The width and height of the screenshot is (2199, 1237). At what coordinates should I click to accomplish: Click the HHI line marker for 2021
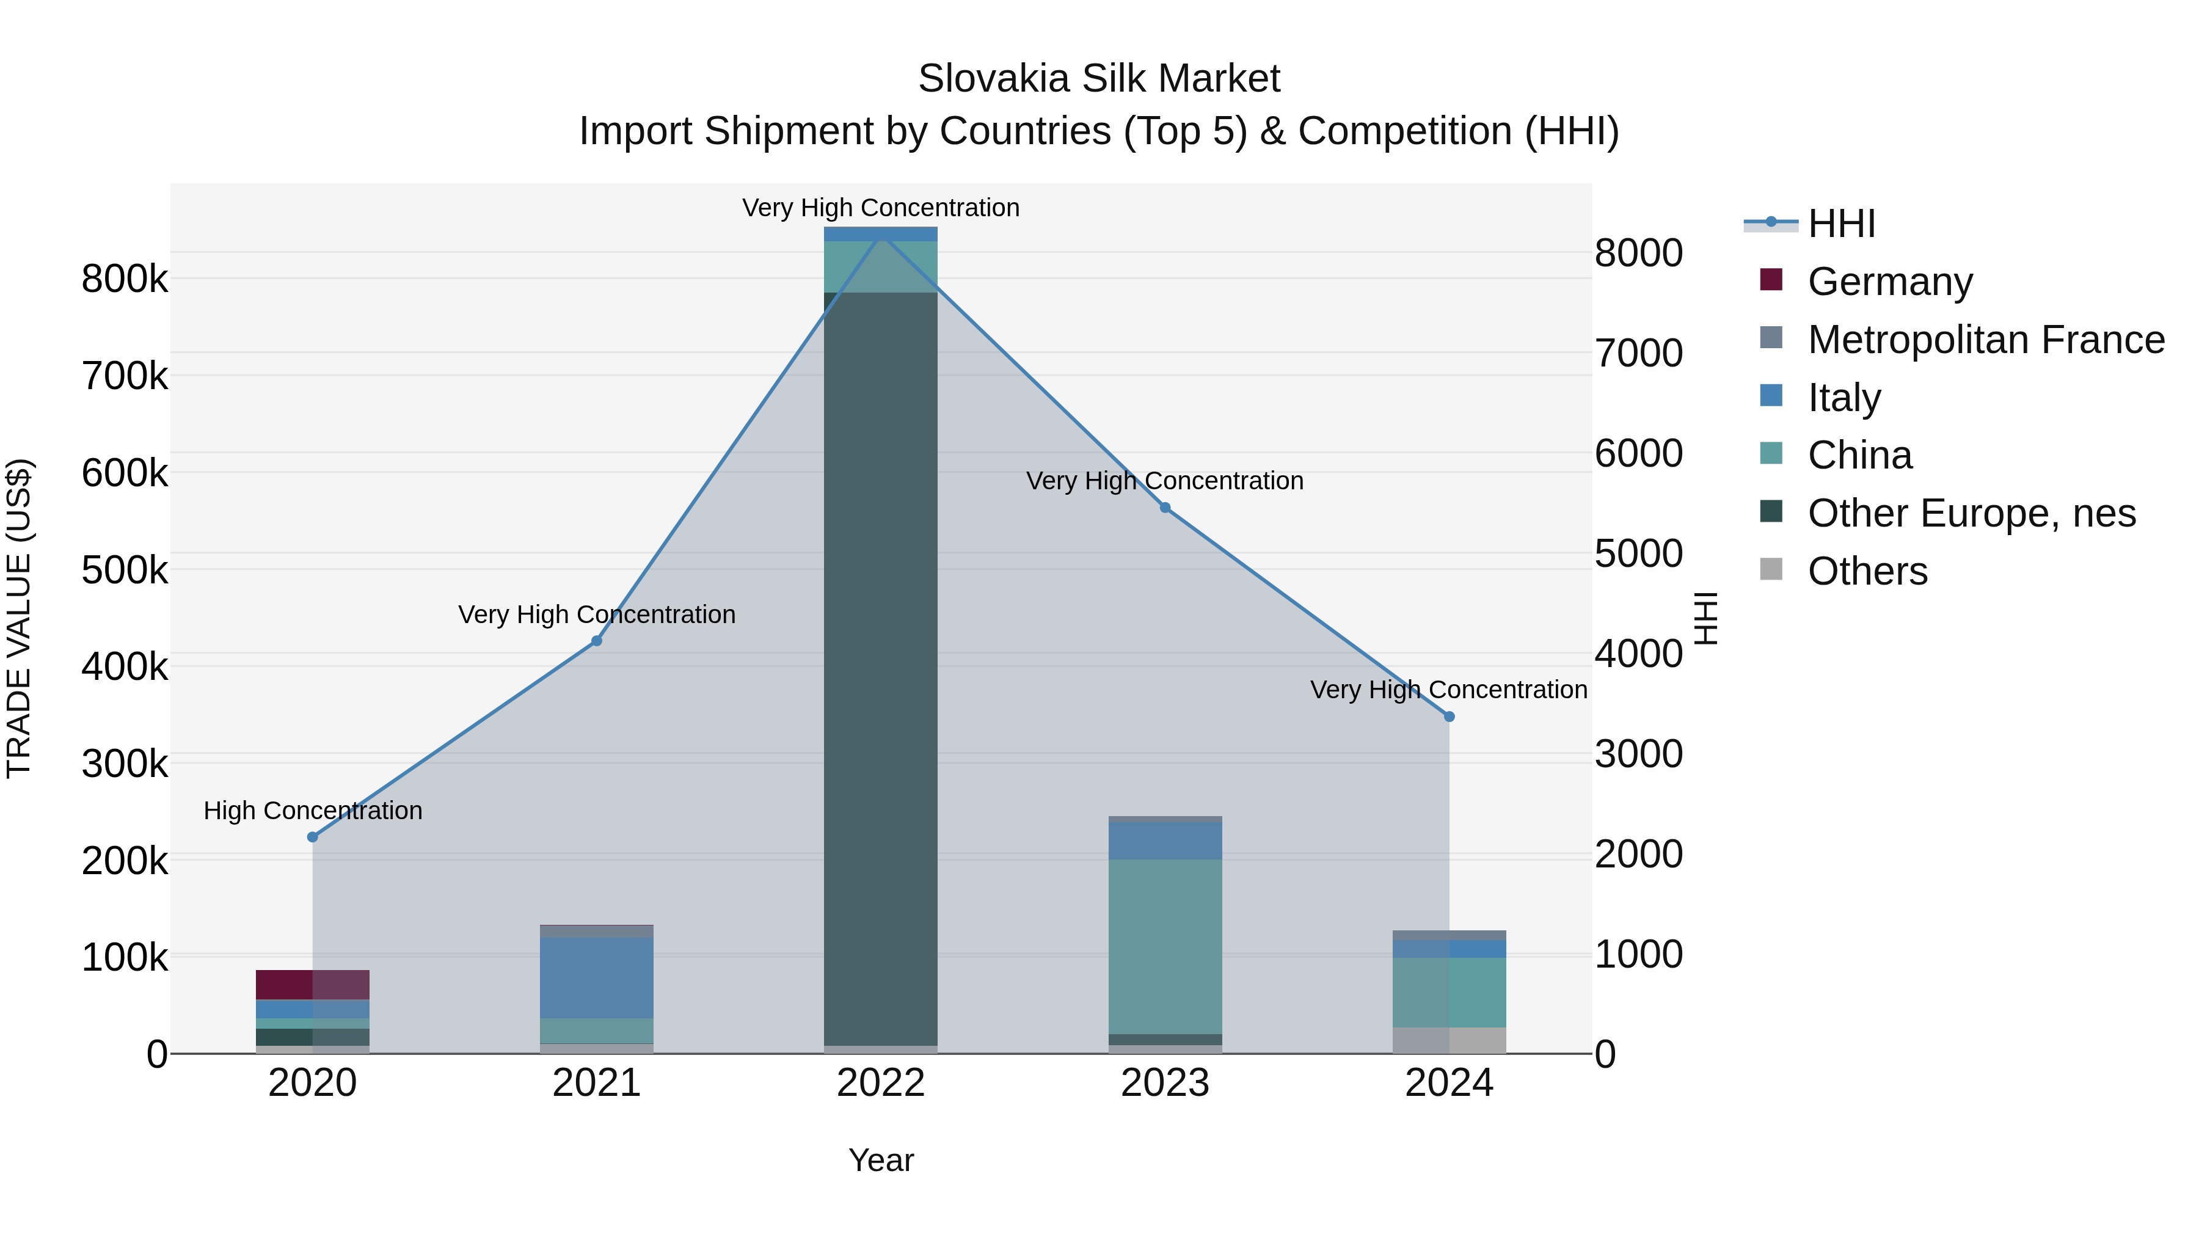click(x=597, y=641)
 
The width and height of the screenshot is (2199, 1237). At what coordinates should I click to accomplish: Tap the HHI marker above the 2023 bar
click(x=1165, y=508)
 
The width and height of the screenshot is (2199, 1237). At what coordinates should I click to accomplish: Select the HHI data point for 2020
click(x=312, y=837)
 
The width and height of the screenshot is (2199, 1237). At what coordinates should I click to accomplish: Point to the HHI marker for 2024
click(x=1450, y=717)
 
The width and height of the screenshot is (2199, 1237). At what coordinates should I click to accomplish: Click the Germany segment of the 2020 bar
click(x=312, y=984)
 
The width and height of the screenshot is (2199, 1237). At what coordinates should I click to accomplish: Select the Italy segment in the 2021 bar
click(x=597, y=977)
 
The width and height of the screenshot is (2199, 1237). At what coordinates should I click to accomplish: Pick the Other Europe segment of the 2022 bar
click(x=881, y=666)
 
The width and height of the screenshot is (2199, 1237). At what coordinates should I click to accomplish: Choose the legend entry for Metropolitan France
click(x=1986, y=340)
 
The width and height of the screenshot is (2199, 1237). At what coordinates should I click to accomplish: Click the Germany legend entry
click(x=1890, y=282)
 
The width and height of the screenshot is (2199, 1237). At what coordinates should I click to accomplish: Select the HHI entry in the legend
click(x=1841, y=224)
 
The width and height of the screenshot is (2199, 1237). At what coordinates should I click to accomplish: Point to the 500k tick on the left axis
click(x=125, y=569)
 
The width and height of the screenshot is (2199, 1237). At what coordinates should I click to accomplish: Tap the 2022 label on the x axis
click(x=881, y=1083)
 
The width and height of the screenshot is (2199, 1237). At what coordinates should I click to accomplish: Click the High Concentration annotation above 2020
click(x=312, y=810)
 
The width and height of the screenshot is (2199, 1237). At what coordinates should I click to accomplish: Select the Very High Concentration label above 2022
click(x=881, y=208)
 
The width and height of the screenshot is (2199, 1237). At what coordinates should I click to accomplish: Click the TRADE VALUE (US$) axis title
click(x=19, y=618)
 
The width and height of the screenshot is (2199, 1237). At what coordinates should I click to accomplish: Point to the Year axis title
click(x=881, y=1160)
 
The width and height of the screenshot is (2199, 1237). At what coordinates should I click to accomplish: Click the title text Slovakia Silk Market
click(x=1099, y=79)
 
